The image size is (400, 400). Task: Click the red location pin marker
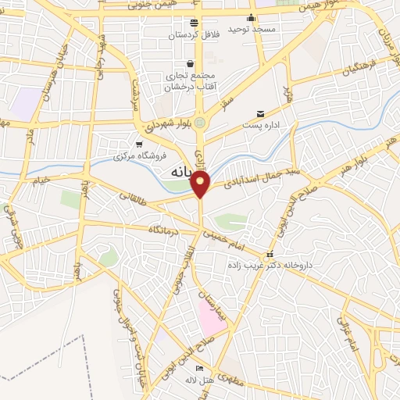201,184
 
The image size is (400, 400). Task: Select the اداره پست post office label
261,124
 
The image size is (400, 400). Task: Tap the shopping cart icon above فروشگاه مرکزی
139,144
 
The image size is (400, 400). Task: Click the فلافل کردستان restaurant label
193,34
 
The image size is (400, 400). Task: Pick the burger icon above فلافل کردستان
194,23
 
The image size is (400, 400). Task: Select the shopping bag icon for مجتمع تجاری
190,64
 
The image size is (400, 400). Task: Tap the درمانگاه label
166,229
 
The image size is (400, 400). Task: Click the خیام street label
38,180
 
